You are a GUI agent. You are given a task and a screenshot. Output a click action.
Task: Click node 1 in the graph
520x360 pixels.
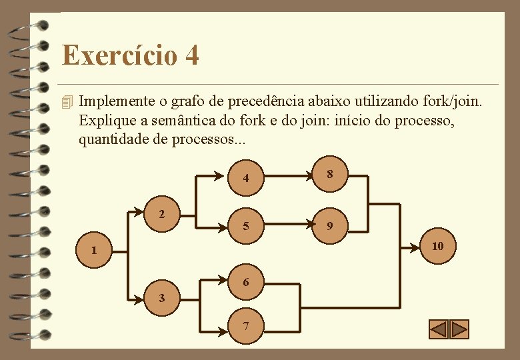coord(95,251)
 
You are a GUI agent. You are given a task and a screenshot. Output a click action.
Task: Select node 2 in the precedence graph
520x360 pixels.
coord(161,215)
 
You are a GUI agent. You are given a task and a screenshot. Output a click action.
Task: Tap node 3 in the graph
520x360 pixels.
coord(161,297)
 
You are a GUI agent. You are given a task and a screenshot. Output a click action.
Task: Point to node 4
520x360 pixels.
coord(246,178)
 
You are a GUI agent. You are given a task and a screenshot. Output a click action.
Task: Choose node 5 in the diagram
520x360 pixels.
coord(246,227)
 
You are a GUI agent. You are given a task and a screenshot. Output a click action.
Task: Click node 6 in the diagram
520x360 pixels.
coord(246,282)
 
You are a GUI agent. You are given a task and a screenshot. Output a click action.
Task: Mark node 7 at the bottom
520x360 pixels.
coord(246,327)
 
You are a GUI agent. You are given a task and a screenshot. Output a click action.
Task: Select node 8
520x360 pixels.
coord(329,175)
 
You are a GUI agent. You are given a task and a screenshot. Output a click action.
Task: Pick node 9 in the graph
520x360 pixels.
coord(329,225)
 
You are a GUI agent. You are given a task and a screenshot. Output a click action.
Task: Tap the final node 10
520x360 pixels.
coord(437,246)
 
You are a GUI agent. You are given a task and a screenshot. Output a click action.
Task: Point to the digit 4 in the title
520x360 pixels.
coord(191,55)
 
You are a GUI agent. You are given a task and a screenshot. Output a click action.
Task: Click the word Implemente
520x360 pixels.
coord(117,103)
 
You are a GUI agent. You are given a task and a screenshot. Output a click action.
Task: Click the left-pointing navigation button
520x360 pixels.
coord(439,329)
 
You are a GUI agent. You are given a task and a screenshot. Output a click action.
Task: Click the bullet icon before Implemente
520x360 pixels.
coord(65,103)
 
